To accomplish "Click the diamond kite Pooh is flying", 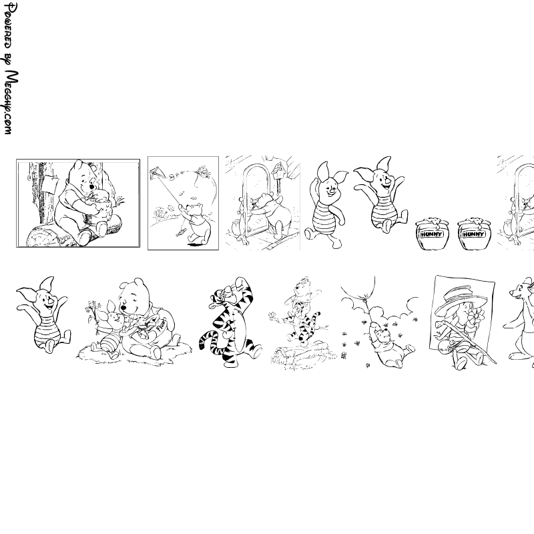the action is click(156, 173).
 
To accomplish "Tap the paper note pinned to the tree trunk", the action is click(50, 184).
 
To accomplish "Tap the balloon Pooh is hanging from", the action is click(358, 288).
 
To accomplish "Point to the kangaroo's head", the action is click(521, 290).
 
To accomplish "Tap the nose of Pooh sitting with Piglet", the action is click(123, 308).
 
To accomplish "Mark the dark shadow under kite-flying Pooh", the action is click(195, 244).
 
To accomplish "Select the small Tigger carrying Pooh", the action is click(304, 325).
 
